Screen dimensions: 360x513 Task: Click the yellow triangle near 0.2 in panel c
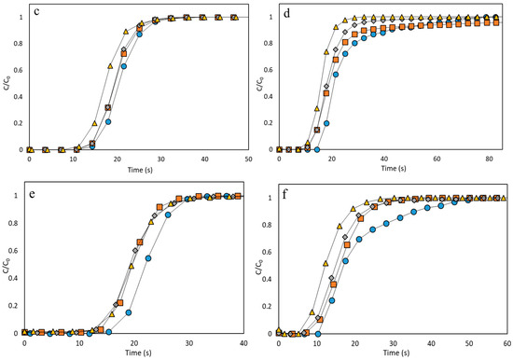[94, 122]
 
